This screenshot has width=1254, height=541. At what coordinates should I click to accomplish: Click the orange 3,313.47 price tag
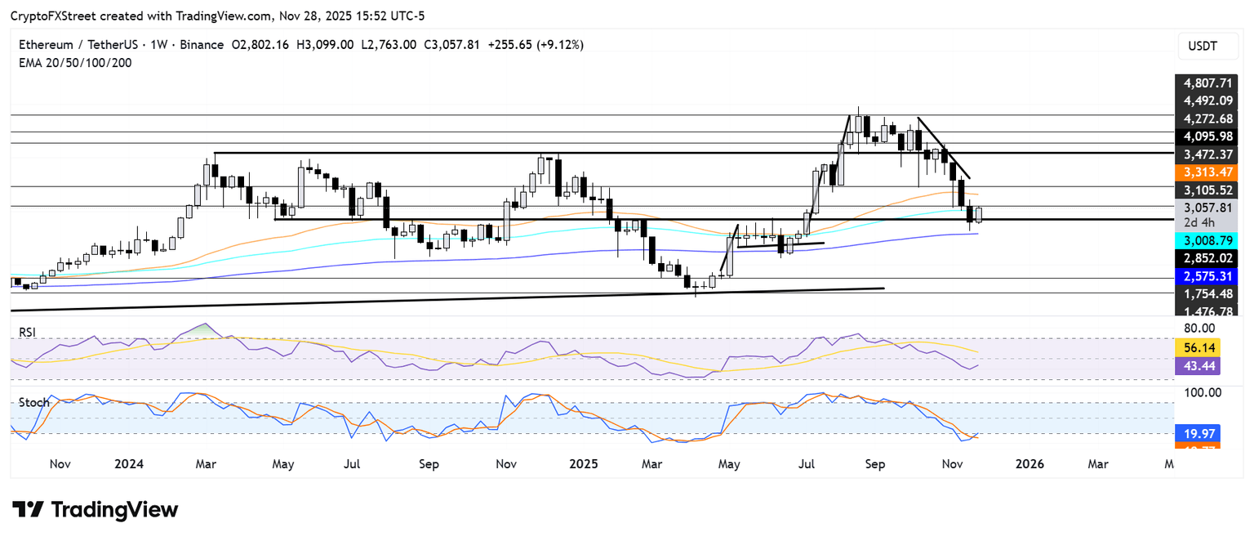[1207, 172]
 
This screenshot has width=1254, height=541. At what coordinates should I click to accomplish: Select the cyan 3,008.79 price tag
[1207, 240]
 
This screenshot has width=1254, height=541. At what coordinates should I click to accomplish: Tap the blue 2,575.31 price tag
[1207, 275]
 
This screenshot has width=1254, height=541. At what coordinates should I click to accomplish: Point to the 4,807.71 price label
[1207, 83]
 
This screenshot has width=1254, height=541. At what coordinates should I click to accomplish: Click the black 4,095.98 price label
[1207, 136]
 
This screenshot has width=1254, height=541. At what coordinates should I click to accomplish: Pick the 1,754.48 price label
[1207, 293]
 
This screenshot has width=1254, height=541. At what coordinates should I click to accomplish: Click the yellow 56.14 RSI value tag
[1198, 347]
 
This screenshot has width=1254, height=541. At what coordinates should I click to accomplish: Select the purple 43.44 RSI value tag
[1198, 366]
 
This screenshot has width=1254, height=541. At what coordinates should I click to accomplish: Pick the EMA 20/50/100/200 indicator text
[76, 62]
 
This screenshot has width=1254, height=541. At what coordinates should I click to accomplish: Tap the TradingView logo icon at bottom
[29, 510]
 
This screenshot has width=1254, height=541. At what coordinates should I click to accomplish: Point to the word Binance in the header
[198, 45]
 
